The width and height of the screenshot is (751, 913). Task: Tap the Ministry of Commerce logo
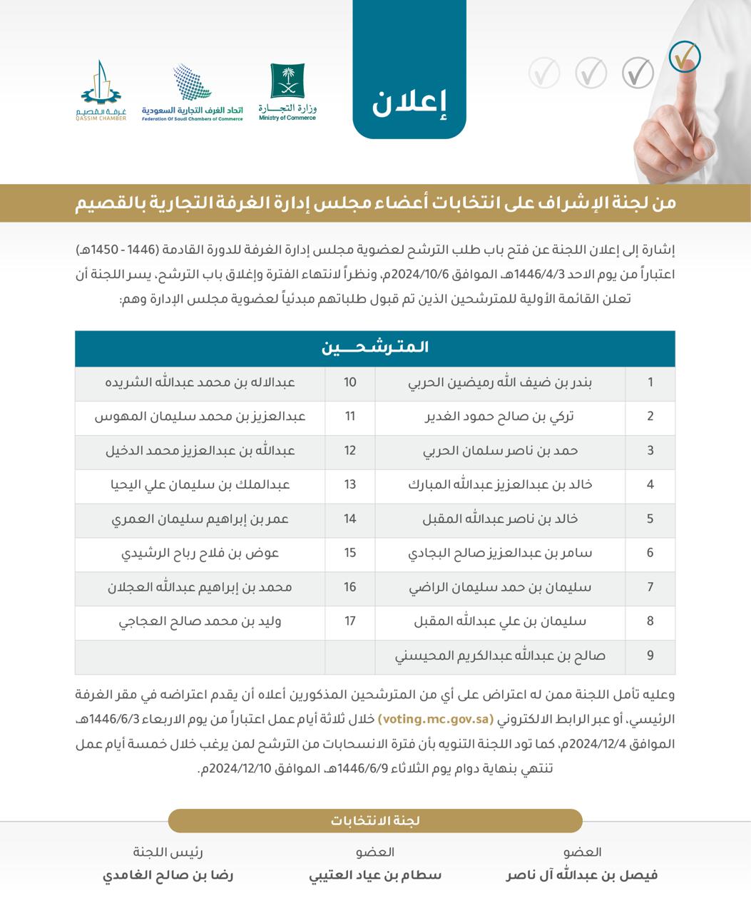pyautogui.click(x=287, y=92)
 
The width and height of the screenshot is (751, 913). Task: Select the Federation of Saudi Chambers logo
pyautogui.click(x=192, y=93)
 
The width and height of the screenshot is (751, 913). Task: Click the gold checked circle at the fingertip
pyautogui.click(x=685, y=57)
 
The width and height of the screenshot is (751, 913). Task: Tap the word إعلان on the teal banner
pyautogui.click(x=409, y=104)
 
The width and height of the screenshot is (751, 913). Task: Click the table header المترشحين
pyautogui.click(x=375, y=348)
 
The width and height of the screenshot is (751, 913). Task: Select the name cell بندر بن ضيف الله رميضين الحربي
pyautogui.click(x=500, y=382)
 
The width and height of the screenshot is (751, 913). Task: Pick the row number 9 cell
pyautogui.click(x=650, y=656)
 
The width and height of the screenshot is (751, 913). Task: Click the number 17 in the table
pyautogui.click(x=349, y=621)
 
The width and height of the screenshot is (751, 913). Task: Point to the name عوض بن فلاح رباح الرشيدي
pyautogui.click(x=200, y=553)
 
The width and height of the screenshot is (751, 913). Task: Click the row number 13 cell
pyautogui.click(x=349, y=485)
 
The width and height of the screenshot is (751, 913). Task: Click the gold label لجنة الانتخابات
pyautogui.click(x=375, y=821)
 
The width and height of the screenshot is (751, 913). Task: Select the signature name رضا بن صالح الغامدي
pyautogui.click(x=168, y=875)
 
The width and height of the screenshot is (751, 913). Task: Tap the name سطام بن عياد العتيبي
pyautogui.click(x=375, y=875)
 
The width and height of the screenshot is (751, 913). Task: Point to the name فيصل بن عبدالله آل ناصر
pyautogui.click(x=582, y=875)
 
